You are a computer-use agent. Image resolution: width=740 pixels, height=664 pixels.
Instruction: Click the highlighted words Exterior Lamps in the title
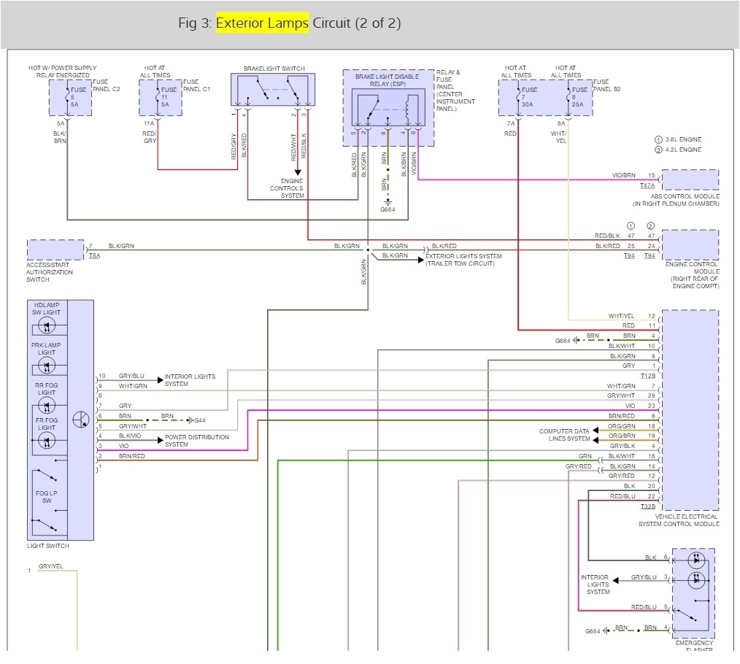click(x=262, y=23)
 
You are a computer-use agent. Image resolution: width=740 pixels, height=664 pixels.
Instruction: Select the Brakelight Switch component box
click(x=274, y=91)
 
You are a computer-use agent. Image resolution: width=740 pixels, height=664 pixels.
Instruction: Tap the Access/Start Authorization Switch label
click(x=50, y=272)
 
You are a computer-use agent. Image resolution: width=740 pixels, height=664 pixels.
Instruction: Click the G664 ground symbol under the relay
click(x=388, y=207)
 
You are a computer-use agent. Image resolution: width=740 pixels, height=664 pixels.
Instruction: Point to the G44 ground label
click(x=200, y=420)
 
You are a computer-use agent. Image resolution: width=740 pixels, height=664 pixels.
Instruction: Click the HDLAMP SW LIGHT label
click(x=46, y=308)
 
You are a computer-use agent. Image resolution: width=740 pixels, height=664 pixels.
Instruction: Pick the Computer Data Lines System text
click(x=564, y=435)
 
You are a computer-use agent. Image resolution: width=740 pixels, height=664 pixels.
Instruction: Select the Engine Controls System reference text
click(x=287, y=188)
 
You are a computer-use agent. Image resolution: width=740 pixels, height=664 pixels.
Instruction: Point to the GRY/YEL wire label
click(x=50, y=566)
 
